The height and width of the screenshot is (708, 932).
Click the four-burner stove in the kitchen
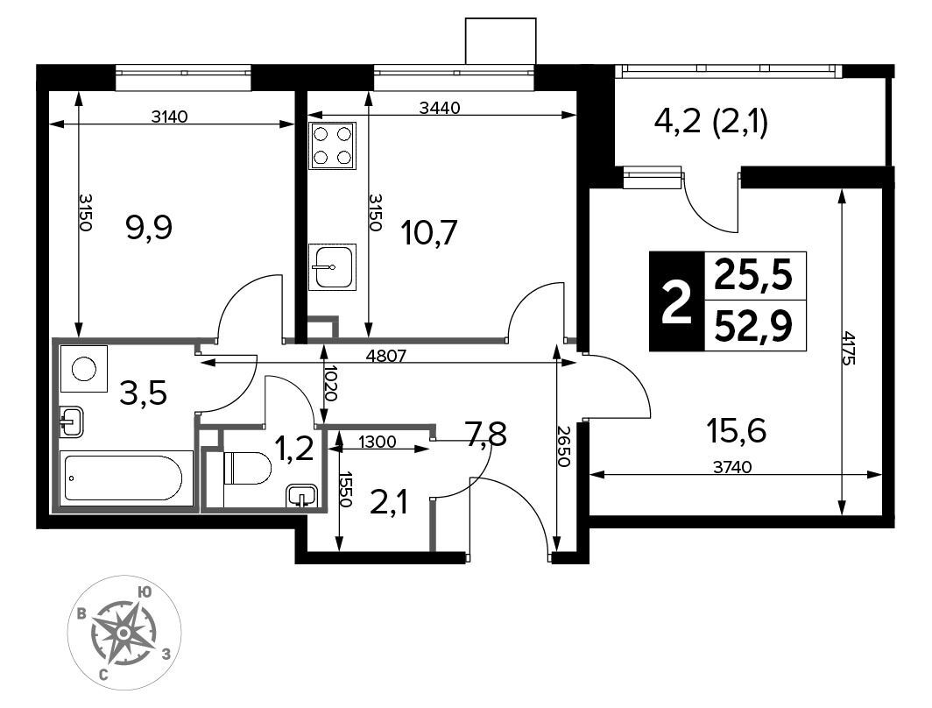(333, 146)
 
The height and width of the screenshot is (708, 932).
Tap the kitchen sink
(333, 267)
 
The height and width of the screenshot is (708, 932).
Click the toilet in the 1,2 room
(247, 468)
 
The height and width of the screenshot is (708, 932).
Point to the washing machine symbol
(84, 369)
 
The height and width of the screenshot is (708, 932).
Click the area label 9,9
(149, 228)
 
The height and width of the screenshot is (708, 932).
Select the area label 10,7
(429, 232)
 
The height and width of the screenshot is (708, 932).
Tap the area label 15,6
(737, 430)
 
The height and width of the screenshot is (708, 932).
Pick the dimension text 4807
(386, 356)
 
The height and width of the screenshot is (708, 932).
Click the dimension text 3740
(732, 467)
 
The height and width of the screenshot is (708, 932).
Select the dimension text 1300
(377, 442)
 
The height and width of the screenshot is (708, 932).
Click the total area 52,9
(753, 326)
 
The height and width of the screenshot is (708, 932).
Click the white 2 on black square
(677, 301)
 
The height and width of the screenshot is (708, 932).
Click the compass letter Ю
(144, 592)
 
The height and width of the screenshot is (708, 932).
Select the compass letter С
(103, 675)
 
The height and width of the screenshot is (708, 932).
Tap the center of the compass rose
(123, 634)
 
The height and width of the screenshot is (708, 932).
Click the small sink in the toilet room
(302, 496)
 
